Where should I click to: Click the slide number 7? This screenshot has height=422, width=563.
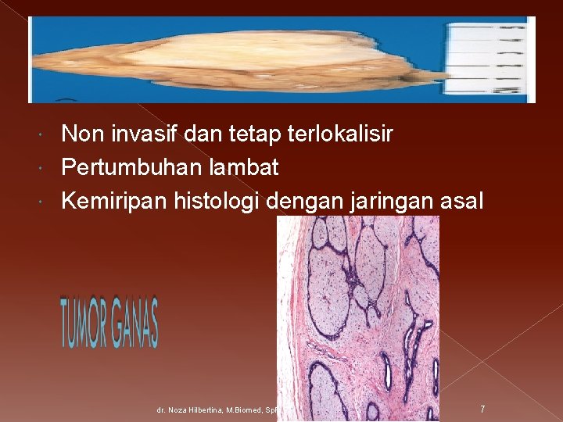(x=482, y=408)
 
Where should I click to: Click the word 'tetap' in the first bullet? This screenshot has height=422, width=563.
(x=250, y=135)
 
